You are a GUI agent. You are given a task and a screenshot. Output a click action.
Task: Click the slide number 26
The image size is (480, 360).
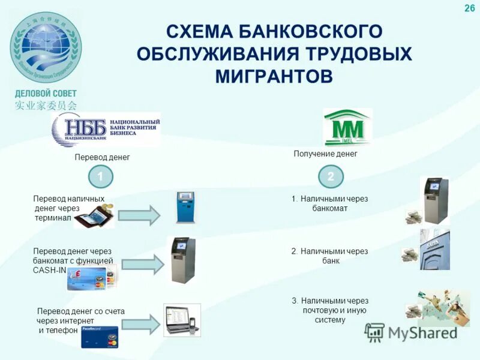coord(469,8)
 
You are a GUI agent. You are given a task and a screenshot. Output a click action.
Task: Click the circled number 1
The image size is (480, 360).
coord(101,176)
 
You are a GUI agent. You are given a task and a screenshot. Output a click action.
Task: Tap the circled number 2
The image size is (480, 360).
coord(331,176)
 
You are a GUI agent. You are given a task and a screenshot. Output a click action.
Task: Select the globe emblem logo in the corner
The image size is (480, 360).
coord(45,48)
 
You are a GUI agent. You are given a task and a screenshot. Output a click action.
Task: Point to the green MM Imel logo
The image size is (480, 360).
coord(347,127)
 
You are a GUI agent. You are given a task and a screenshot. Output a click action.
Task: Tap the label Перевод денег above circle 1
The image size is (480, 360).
coord(102,157)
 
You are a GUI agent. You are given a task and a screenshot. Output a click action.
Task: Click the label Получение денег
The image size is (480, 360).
coord(325,154)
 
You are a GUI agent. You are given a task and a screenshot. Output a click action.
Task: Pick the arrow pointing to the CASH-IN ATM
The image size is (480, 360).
coord(143,265)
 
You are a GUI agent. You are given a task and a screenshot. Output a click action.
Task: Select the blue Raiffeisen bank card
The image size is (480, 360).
coord(100,337)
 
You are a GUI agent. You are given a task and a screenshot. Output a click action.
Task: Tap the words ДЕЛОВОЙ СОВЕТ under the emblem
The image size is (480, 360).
coord(46,94)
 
